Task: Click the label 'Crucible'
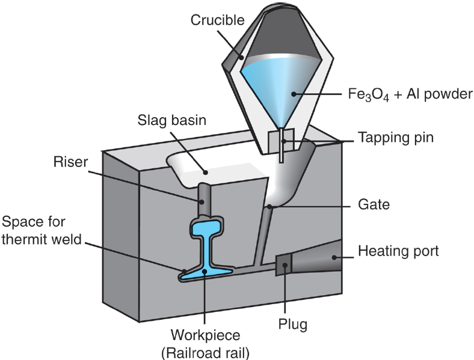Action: pyautogui.click(x=217, y=20)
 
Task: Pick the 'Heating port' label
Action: pyautogui.click(x=399, y=250)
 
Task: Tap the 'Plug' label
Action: pyautogui.click(x=293, y=325)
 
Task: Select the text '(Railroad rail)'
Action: pyautogui.click(x=205, y=351)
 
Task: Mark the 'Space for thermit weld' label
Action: pyautogui.click(x=41, y=231)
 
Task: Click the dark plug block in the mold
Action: pyautogui.click(x=283, y=264)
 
